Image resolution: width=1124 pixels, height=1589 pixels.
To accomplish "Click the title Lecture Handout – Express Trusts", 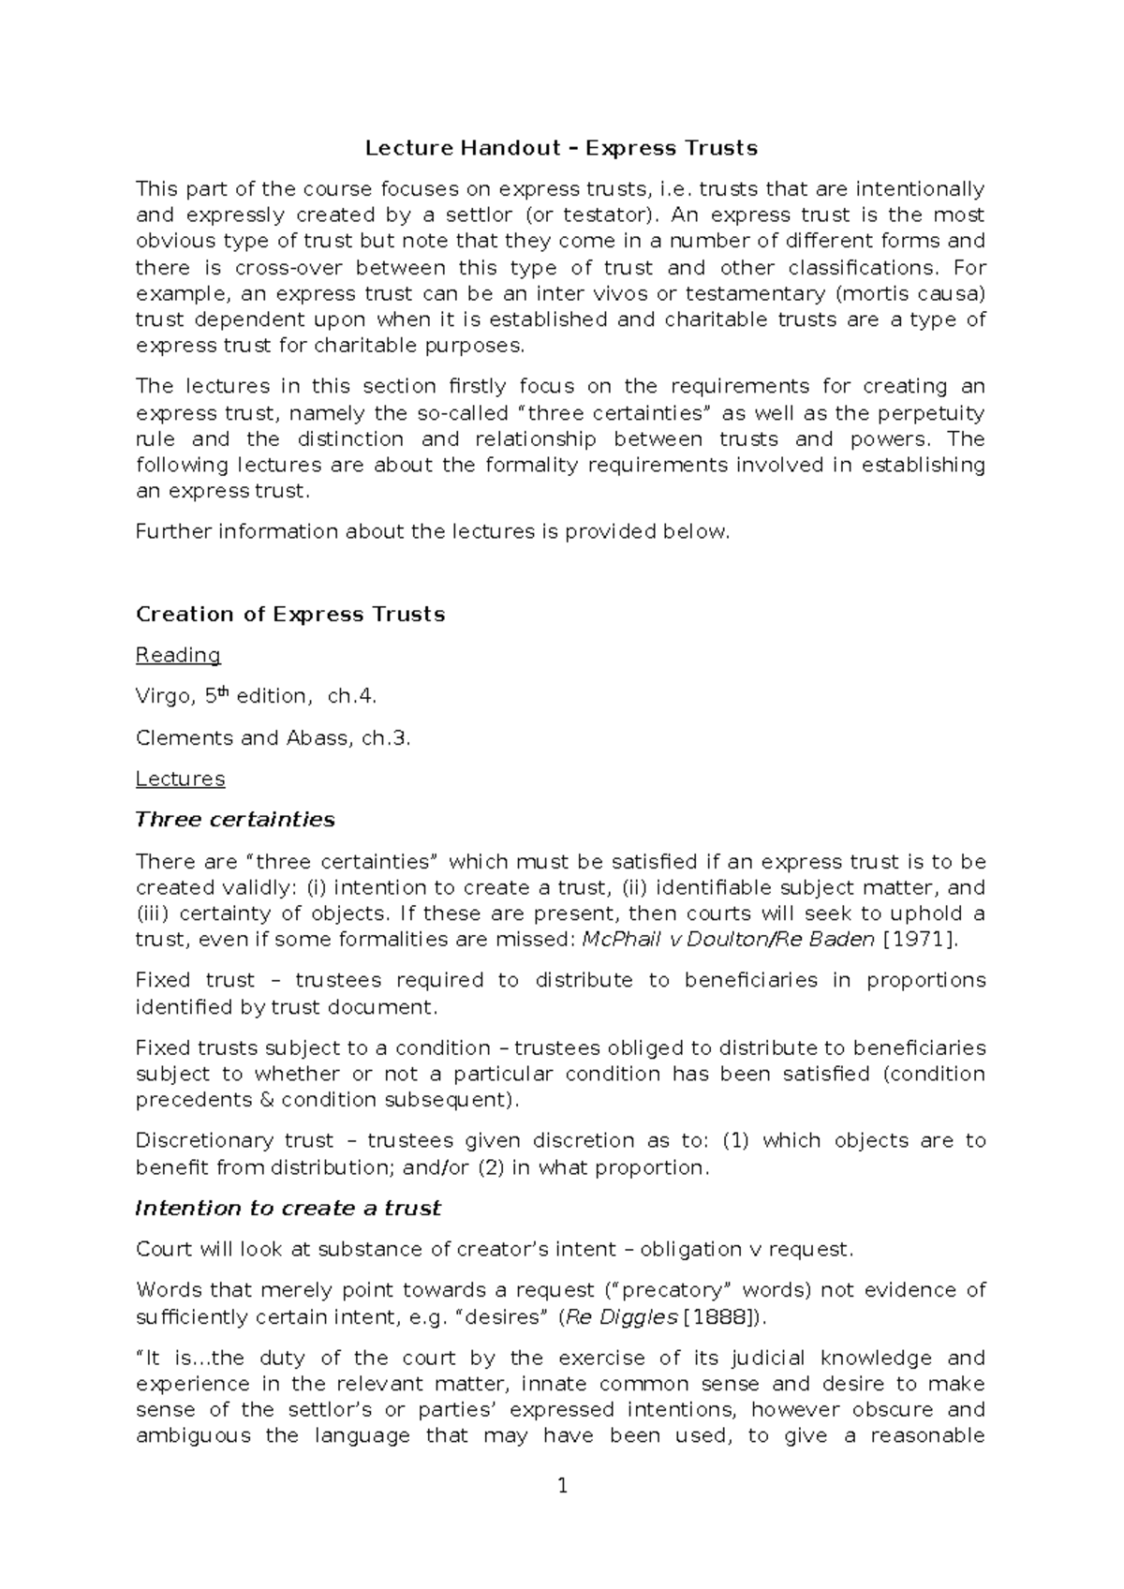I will pos(561,148).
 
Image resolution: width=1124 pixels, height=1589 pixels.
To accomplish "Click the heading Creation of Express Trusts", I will pos(290,615).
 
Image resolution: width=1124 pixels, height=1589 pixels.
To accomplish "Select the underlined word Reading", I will pos(178,655).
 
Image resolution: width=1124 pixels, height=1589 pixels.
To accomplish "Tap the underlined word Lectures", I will pos(180,779).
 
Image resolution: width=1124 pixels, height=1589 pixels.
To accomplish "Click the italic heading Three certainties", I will pos(235,820).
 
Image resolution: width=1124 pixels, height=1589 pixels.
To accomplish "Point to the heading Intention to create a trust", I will pos(288,1209).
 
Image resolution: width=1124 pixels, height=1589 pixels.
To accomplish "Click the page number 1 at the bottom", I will pos(562,1486).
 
